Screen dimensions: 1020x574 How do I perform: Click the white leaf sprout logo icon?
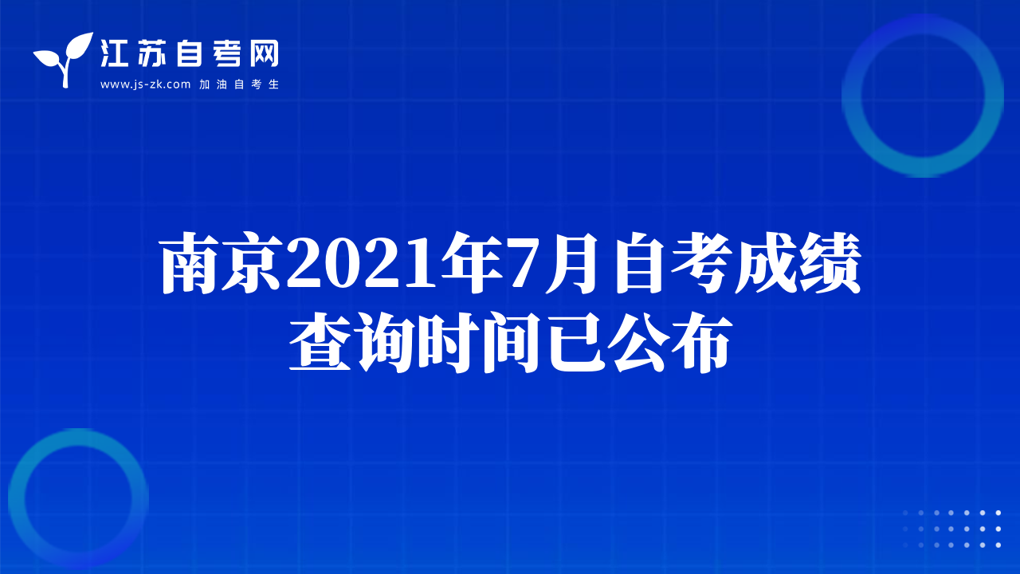[65, 59]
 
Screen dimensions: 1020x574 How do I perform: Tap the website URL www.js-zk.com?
[145, 85]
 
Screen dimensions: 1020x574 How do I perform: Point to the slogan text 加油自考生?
[239, 85]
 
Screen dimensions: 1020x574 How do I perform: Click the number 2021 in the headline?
[363, 264]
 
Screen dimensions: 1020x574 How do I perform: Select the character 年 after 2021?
[473, 263]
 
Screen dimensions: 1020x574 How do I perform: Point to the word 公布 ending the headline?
[672, 342]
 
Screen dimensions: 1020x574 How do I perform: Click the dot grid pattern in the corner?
[951, 529]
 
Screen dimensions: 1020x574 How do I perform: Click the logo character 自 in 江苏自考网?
[189, 53]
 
